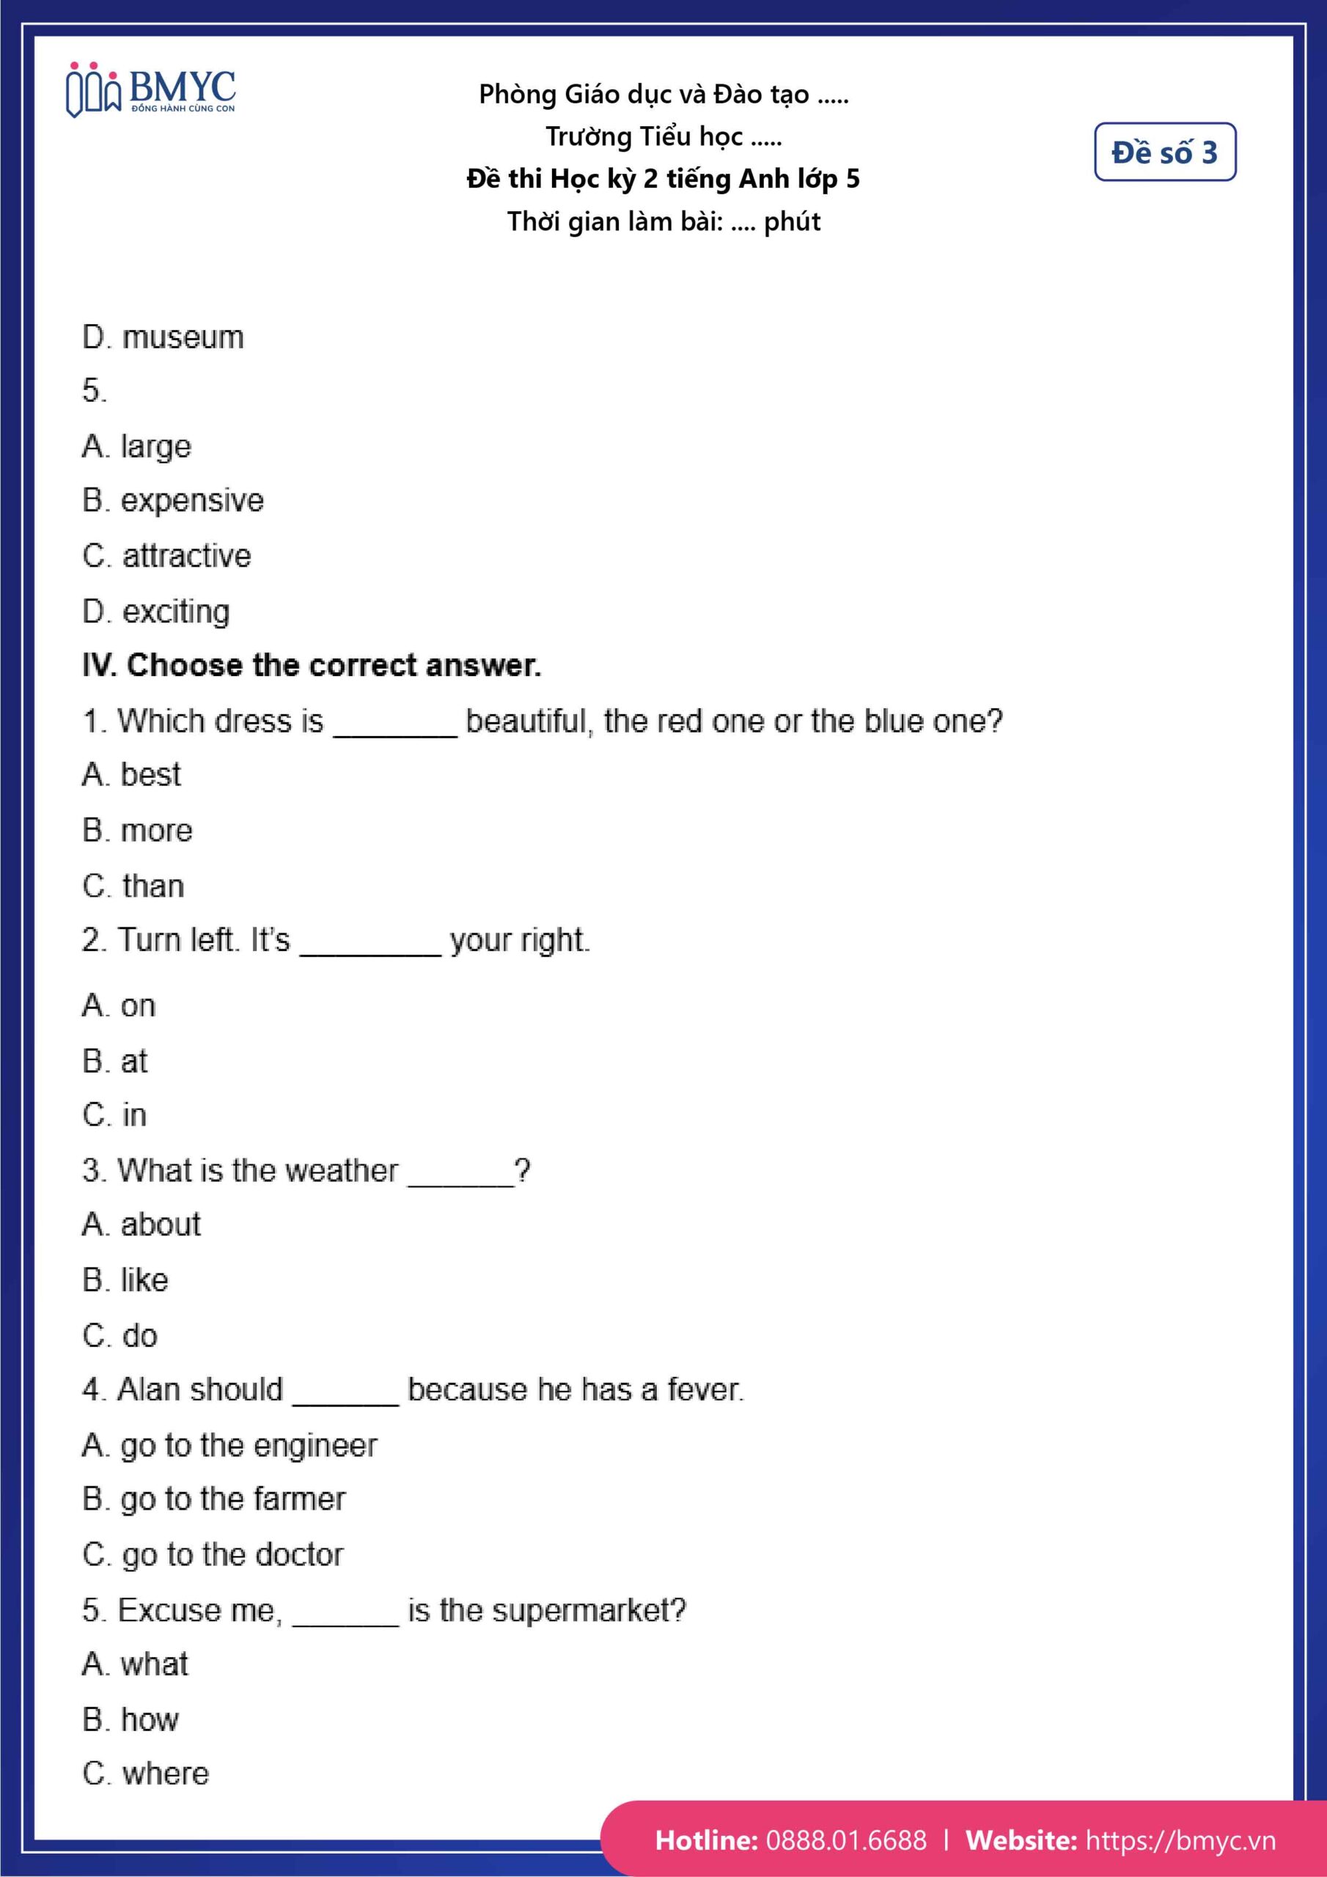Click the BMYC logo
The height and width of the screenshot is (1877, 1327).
(x=151, y=90)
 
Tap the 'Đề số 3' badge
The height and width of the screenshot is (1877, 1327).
(x=1164, y=152)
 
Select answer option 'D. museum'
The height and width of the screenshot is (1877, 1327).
(x=163, y=337)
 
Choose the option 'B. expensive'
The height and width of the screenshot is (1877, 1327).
(x=172, y=500)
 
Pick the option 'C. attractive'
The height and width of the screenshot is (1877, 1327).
(x=167, y=556)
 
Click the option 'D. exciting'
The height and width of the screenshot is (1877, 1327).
(x=156, y=611)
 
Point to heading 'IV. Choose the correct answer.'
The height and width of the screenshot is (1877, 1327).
(x=312, y=666)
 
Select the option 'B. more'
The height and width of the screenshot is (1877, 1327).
(x=137, y=831)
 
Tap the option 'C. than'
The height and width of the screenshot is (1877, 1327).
(x=133, y=886)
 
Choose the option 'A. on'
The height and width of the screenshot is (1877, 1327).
(x=119, y=1005)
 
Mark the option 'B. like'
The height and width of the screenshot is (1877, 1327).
(x=125, y=1280)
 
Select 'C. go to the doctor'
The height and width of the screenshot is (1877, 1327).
(x=213, y=1554)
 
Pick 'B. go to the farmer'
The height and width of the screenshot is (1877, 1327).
(x=213, y=1499)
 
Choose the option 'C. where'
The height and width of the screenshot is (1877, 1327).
(x=146, y=1773)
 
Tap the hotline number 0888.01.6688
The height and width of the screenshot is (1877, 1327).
(x=845, y=1840)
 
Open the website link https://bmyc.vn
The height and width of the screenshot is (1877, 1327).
(x=1180, y=1840)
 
